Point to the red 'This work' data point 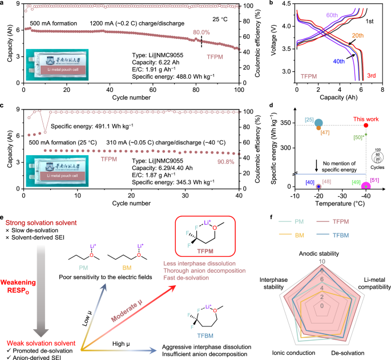click(x=366, y=125)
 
